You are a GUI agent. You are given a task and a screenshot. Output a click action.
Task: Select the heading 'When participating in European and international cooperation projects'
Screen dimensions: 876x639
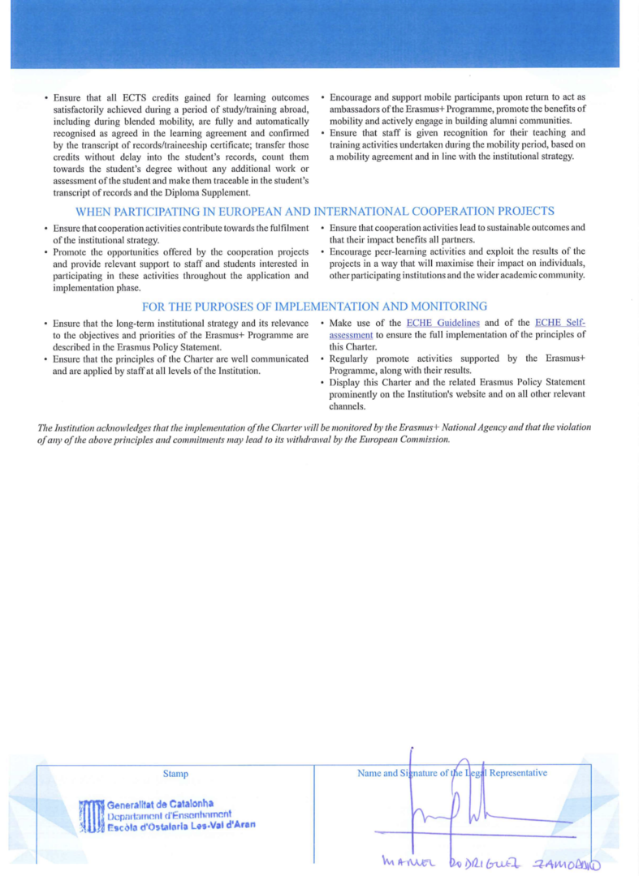coord(315,211)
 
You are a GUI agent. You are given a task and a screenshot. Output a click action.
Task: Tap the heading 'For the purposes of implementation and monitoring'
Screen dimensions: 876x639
coord(315,307)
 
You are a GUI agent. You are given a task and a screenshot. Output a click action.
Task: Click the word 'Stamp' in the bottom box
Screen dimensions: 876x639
coord(175,774)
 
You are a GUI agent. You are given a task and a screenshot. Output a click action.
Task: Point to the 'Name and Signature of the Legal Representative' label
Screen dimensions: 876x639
coord(452,773)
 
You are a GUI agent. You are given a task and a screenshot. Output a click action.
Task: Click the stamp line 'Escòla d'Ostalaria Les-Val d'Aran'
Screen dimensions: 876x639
coord(181,825)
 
